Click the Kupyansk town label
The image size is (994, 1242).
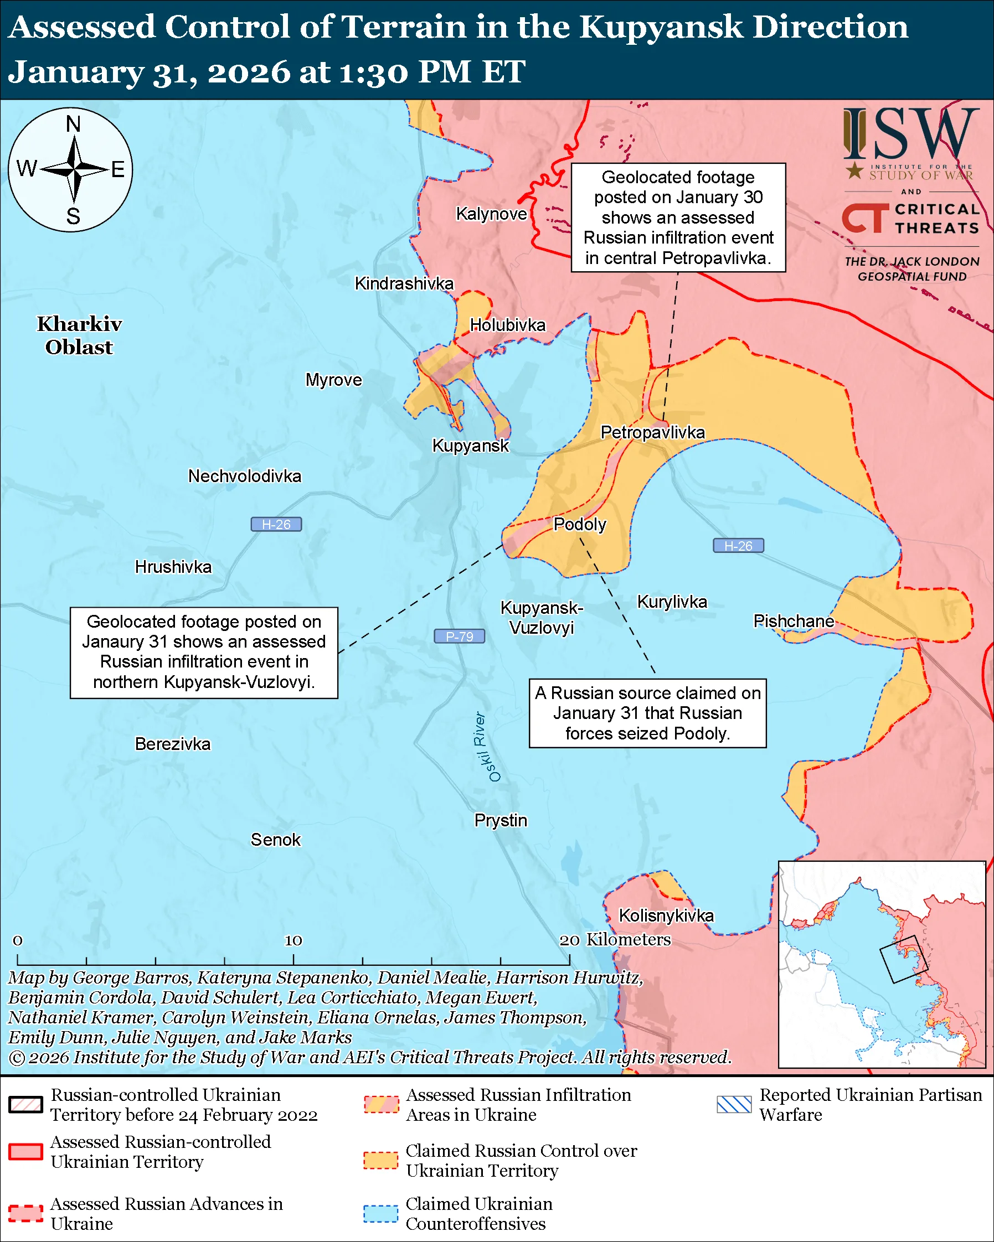coord(470,446)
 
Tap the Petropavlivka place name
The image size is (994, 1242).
coord(652,432)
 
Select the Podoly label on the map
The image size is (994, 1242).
coord(580,524)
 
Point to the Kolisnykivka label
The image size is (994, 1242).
coord(666,915)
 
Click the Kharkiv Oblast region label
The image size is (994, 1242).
coord(79,335)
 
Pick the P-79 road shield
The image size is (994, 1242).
coord(459,636)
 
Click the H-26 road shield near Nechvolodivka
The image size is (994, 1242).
coord(276,524)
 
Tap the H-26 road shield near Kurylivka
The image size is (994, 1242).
coord(738,546)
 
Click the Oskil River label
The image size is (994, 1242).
coord(487,747)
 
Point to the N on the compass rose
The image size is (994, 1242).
coord(73,124)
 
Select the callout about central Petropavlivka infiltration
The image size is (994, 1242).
coord(678,217)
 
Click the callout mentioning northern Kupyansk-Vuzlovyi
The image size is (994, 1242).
coord(203,652)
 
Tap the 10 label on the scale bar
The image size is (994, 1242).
coord(293,940)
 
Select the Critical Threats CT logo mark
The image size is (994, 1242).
coord(864,218)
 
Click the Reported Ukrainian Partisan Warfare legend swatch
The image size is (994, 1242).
coord(734,1104)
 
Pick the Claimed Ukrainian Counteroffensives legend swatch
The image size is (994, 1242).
coord(380,1213)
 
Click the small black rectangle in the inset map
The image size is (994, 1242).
coord(903,959)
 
